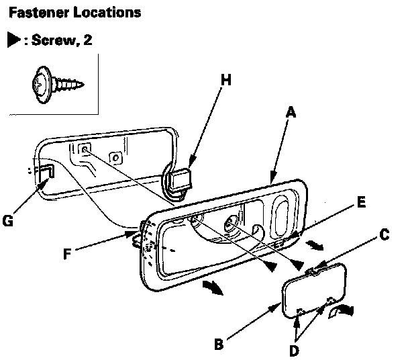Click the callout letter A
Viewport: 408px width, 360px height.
(291, 113)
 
